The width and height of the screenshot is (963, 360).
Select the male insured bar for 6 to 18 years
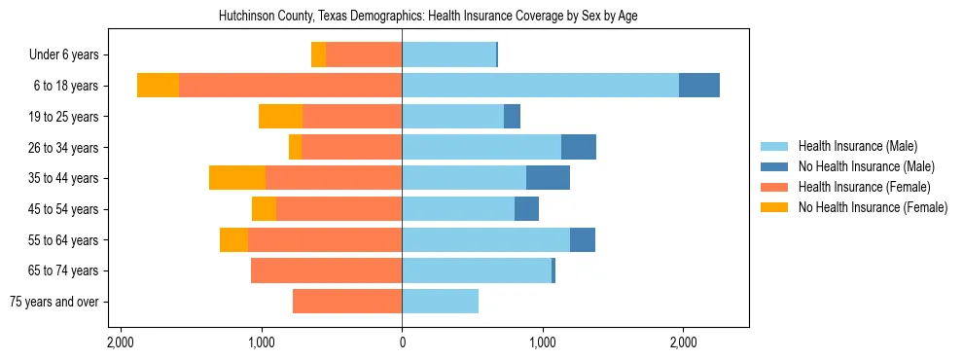click(540, 86)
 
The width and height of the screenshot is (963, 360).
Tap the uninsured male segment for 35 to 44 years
click(548, 178)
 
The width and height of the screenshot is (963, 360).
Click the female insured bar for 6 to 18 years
click(290, 86)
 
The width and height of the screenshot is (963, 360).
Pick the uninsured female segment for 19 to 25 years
click(280, 117)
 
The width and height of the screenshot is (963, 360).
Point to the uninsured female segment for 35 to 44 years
click(237, 178)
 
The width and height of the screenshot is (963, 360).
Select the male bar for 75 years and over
click(440, 302)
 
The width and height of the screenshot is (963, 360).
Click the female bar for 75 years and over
click(347, 302)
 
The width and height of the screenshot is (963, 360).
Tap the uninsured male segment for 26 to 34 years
click(579, 147)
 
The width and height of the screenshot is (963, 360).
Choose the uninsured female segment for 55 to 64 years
click(233, 239)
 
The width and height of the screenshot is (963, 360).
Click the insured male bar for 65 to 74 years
click(477, 270)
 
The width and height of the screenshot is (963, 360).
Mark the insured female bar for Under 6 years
click(364, 55)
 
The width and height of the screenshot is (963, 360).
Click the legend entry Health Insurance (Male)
click(857, 146)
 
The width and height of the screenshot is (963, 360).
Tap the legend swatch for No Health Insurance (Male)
click(774, 166)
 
